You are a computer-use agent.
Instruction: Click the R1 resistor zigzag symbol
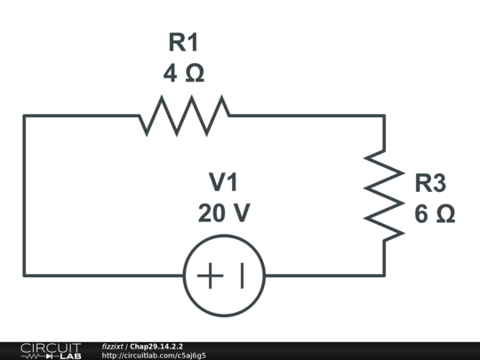pos(184,115)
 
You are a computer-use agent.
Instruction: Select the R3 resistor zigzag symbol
pos(384,196)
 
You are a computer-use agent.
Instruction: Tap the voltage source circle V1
pos(224,276)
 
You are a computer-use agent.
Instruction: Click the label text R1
pos(184,42)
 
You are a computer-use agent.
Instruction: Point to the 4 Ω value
pos(183,73)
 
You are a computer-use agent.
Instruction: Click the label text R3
pos(430,183)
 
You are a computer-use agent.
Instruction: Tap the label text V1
pos(224,182)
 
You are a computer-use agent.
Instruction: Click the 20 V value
pos(224,213)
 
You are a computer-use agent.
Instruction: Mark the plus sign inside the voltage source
pos(209,276)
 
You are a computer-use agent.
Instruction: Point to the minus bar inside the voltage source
pos(241,276)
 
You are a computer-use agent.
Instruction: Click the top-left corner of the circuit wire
pos(25,116)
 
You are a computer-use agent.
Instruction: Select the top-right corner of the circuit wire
pos(384,116)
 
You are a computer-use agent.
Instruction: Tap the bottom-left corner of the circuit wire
pos(25,275)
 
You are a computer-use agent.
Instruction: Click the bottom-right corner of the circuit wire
pos(384,275)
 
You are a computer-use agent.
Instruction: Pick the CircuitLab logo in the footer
pos(51,350)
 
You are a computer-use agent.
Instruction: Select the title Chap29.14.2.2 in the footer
pos(156,346)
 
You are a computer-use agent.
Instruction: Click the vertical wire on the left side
pos(25,196)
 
